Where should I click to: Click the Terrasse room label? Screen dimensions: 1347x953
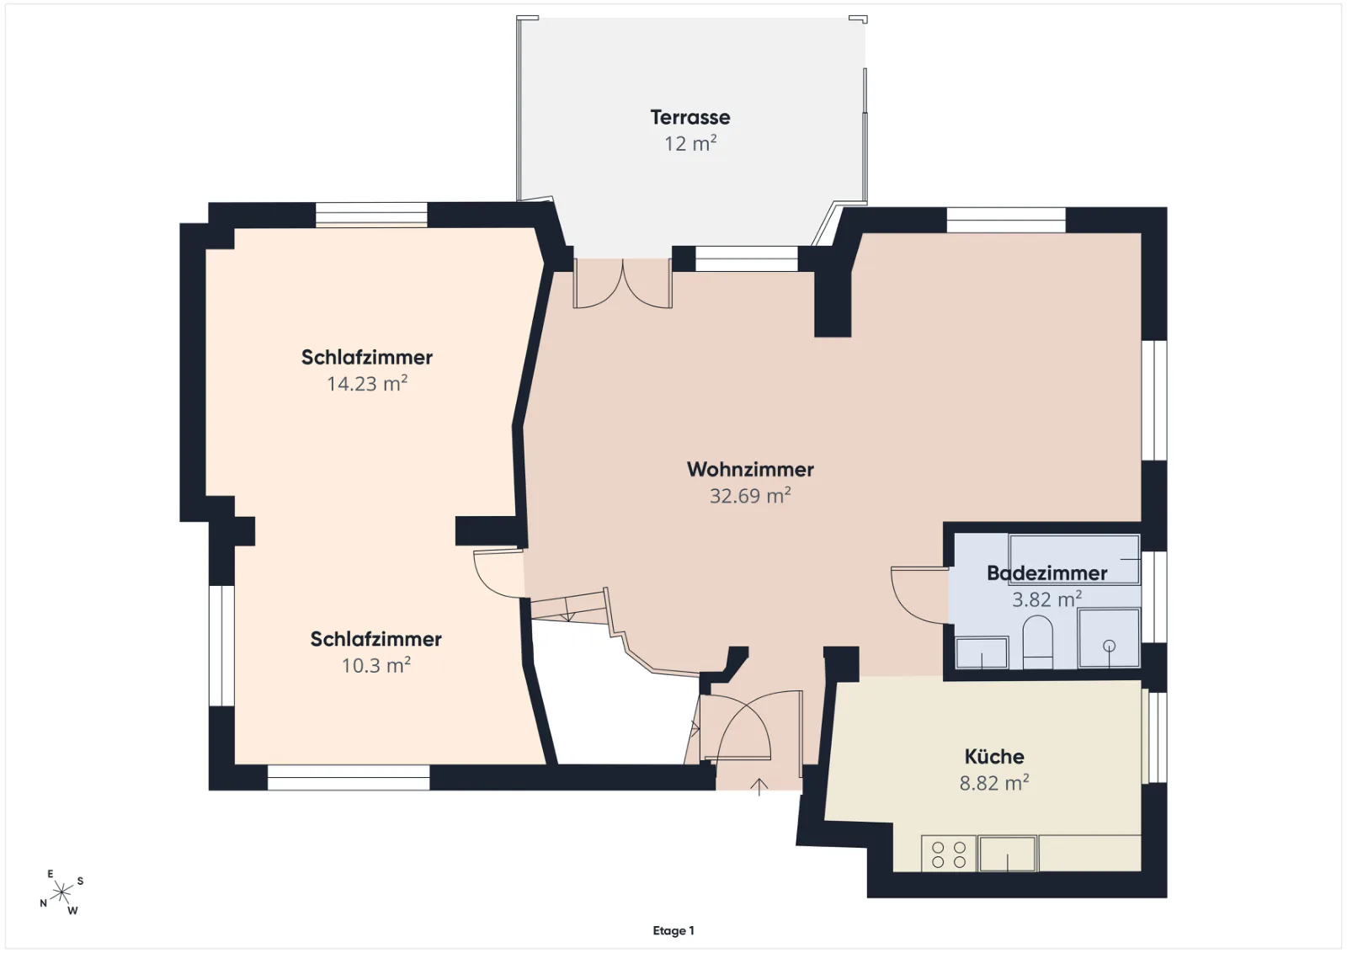tap(689, 117)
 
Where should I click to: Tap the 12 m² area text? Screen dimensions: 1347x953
tap(689, 144)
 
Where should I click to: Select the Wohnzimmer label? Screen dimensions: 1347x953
tap(750, 470)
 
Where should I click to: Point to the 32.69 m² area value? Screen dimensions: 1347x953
tap(750, 496)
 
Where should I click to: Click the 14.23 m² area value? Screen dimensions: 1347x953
tap(367, 384)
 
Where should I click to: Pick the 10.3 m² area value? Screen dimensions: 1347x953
tap(375, 666)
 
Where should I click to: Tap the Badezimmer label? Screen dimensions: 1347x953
tap(1047, 573)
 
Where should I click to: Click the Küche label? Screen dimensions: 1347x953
tap(994, 756)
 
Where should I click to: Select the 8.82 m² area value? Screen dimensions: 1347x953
tap(994, 783)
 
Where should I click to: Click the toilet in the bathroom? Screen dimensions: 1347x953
tap(1037, 642)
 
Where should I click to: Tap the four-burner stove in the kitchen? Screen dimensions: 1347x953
tap(948, 854)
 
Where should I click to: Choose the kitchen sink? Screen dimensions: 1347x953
tap(1007, 854)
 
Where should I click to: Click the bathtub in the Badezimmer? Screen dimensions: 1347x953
tap(1074, 560)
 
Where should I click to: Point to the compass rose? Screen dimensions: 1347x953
tap(61, 892)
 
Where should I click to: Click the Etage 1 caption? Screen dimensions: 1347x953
tap(673, 931)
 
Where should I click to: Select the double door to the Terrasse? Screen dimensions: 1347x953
tap(622, 284)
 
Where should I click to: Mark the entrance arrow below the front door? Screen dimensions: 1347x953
tap(759, 787)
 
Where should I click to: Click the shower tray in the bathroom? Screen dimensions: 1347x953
tap(1109, 638)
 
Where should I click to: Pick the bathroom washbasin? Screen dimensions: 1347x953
tap(982, 653)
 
